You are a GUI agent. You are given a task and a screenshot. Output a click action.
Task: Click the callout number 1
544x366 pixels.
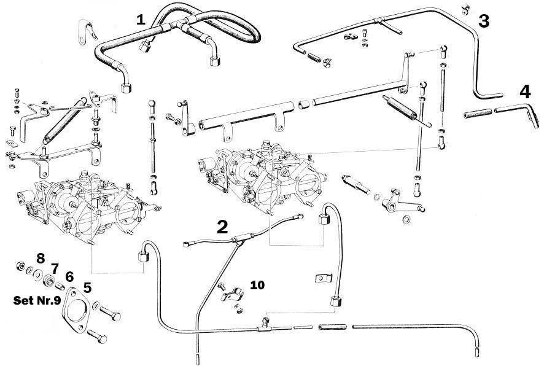tap(141, 19)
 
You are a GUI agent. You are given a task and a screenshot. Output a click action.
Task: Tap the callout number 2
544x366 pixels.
tap(222, 227)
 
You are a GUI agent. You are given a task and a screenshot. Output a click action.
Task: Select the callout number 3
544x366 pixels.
tap(484, 21)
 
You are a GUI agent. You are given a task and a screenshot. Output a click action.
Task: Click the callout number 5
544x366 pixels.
tap(87, 287)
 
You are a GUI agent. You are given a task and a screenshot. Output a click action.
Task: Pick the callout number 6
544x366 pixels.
tap(69, 276)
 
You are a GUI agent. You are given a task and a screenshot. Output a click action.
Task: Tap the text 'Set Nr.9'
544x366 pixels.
tap(36, 302)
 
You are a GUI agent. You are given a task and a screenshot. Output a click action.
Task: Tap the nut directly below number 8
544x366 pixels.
tap(20, 267)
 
